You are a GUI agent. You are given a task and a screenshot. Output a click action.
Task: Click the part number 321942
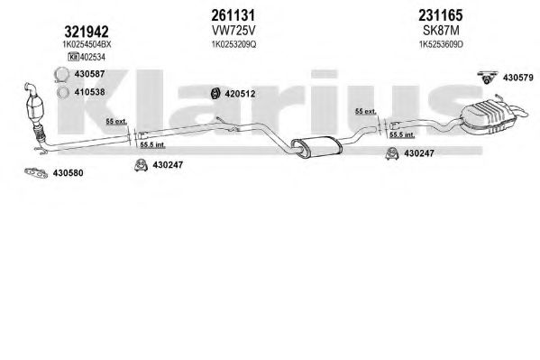pyautogui.click(x=87, y=32)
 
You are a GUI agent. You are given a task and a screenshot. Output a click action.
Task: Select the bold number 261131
pyautogui.click(x=233, y=15)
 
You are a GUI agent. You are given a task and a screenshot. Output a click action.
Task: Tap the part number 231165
pyautogui.click(x=441, y=15)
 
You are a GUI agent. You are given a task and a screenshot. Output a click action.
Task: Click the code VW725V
pyautogui.click(x=233, y=31)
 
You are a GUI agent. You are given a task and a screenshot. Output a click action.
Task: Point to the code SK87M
pyautogui.click(x=441, y=31)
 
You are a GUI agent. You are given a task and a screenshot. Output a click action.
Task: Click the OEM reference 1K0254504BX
pyautogui.click(x=87, y=44)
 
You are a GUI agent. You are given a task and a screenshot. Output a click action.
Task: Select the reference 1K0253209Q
pyautogui.click(x=233, y=44)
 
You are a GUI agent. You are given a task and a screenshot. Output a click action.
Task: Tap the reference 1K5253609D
pyautogui.click(x=441, y=44)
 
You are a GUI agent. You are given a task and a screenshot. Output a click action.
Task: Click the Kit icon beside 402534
pyautogui.click(x=73, y=57)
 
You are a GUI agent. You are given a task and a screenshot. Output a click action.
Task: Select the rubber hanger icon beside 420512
pyautogui.click(x=216, y=93)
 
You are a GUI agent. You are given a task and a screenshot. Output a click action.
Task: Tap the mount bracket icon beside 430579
pyautogui.click(x=488, y=77)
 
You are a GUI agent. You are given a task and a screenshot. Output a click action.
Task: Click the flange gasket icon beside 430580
pyautogui.click(x=36, y=172)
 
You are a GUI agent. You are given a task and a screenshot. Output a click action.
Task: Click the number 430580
pyautogui.click(x=68, y=173)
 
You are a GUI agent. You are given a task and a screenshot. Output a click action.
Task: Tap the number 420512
pyautogui.click(x=240, y=94)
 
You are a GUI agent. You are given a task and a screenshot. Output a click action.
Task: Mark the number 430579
pyautogui.click(x=518, y=78)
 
